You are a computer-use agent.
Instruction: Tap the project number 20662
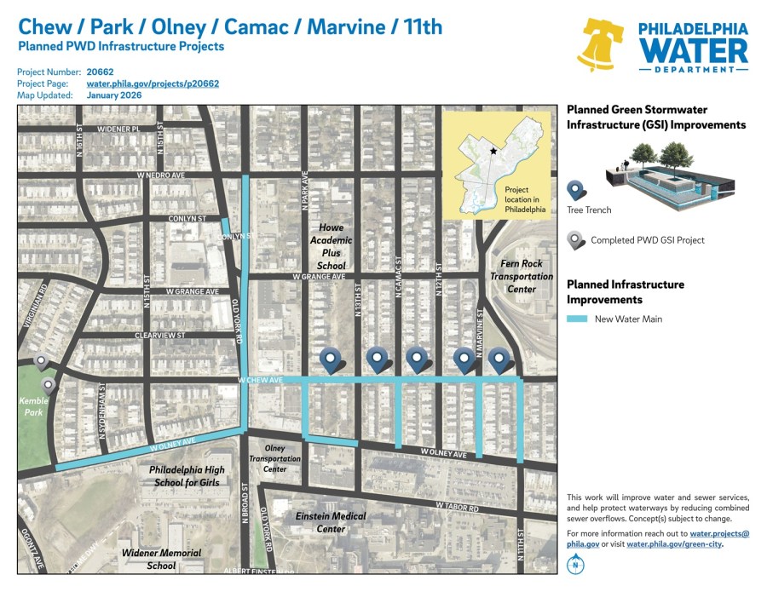coord(100,72)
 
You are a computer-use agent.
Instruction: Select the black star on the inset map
coord(493,151)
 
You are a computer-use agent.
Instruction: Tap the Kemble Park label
coord(34,405)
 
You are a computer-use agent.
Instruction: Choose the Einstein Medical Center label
coord(331,522)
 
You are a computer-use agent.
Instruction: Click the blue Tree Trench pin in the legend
coord(575,190)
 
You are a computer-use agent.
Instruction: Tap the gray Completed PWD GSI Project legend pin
coord(575,239)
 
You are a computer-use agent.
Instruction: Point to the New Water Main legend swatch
coord(576,319)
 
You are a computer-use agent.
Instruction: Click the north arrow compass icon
coord(577,564)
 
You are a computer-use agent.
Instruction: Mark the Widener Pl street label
coord(118,129)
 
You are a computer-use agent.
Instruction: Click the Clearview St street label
coord(159,336)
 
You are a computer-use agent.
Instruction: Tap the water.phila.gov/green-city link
coord(673,543)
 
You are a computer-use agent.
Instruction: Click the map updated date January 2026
coord(114,95)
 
